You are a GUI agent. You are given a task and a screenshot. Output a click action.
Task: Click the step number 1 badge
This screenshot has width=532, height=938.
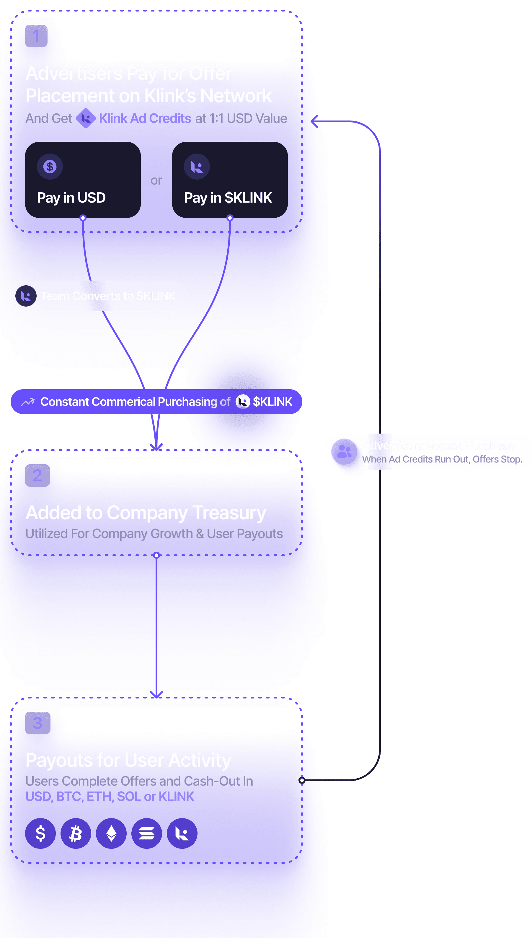[x=36, y=36]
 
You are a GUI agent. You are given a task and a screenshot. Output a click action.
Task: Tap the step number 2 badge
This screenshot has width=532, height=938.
[x=37, y=475]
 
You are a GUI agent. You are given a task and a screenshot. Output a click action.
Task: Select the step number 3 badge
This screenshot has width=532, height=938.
[x=37, y=723]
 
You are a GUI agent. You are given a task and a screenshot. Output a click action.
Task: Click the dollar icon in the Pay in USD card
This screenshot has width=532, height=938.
[x=50, y=167]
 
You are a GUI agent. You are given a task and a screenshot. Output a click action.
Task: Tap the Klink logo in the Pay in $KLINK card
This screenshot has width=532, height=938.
[x=197, y=167]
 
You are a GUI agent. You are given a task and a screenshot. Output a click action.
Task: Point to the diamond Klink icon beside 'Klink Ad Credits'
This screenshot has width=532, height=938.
[x=86, y=118]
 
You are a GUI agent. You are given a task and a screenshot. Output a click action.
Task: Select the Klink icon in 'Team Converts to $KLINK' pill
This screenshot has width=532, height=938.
[x=26, y=296]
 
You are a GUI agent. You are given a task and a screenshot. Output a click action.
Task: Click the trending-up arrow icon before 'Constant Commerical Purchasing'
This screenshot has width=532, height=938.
[x=28, y=402]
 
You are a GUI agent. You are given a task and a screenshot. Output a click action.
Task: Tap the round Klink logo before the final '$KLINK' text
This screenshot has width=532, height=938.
[x=243, y=402]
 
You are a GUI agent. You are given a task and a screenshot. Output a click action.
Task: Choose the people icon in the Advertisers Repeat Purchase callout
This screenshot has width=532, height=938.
[x=344, y=452]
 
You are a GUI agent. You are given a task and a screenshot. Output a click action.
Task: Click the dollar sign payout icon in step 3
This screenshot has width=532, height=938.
[x=40, y=833]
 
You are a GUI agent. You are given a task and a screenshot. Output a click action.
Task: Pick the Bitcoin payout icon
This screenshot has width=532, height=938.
[x=76, y=833]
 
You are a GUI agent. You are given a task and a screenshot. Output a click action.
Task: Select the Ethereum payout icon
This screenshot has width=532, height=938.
[x=111, y=833]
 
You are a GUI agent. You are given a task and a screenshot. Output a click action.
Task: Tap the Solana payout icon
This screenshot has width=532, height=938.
[x=146, y=833]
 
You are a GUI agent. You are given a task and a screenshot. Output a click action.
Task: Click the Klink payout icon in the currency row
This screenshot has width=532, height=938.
[x=182, y=833]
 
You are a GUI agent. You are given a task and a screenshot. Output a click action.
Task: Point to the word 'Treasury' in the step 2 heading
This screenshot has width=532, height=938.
[x=229, y=513]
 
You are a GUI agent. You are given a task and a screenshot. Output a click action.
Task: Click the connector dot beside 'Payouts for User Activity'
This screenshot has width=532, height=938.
[x=302, y=781]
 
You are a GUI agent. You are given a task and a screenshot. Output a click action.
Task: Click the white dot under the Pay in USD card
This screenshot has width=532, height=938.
[x=83, y=218]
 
